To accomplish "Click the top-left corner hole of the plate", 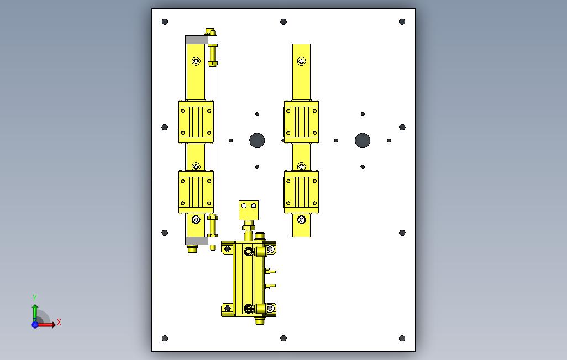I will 165,22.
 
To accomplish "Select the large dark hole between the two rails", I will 257,140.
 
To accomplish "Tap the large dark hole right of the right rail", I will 363,140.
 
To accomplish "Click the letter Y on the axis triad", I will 35,298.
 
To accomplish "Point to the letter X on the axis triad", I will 59,322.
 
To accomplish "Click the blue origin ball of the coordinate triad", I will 35,325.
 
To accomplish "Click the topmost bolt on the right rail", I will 301,61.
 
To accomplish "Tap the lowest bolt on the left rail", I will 196,220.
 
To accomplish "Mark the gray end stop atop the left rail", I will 196,40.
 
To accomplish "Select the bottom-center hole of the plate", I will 283,338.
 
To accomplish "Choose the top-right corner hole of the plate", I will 402,22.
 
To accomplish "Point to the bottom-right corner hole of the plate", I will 402,338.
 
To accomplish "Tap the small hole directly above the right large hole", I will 363,114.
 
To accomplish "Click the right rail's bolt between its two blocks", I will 301,166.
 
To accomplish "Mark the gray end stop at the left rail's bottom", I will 196,240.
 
